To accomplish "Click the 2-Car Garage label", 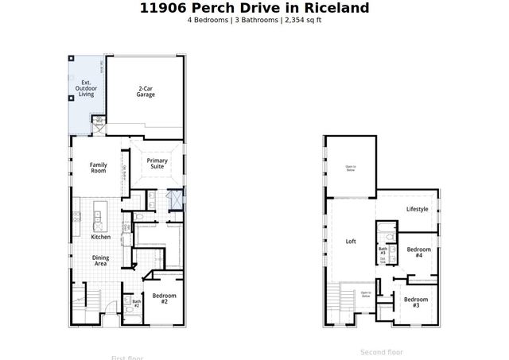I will point(145,91).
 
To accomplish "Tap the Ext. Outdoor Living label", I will point(86,88).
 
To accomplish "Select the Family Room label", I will point(98,168).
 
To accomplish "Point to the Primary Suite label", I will point(157,165).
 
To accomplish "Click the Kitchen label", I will point(100,237).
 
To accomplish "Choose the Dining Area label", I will point(100,261).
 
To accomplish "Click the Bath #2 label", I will point(136,303).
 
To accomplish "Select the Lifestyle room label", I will point(417,209).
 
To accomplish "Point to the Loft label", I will point(351,242).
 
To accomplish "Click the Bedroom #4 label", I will point(418,252).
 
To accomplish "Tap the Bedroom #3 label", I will point(415,301).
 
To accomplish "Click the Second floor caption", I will point(382,351).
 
